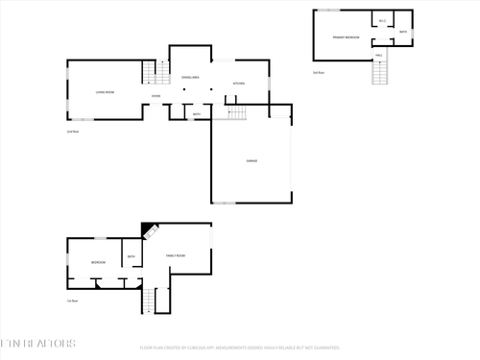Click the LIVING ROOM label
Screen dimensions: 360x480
[105, 91]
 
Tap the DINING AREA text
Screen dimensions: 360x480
[190, 77]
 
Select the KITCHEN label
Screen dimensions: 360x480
[239, 84]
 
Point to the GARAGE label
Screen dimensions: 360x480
[251, 160]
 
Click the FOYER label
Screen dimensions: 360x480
[156, 96]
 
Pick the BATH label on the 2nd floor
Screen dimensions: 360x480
[196, 114]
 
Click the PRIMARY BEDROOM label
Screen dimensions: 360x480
[346, 36]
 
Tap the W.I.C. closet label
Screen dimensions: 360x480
[382, 21]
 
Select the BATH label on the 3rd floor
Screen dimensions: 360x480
[403, 32]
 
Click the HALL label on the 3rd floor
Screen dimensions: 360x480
[379, 56]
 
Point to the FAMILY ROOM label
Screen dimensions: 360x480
[176, 255]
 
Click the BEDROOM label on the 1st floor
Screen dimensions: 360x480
[98, 262]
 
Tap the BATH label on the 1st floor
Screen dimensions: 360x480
[132, 256]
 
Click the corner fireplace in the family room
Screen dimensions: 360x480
[148, 230]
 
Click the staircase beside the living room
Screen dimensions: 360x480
[148, 73]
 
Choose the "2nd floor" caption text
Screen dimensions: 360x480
[72, 132]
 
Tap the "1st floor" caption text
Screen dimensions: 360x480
[72, 300]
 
